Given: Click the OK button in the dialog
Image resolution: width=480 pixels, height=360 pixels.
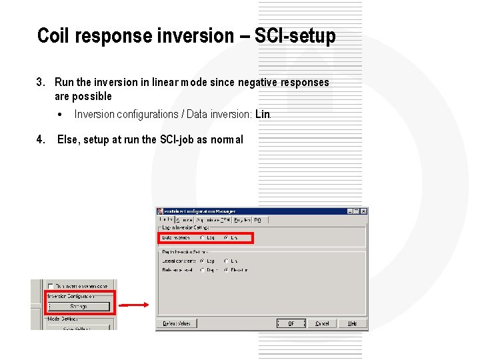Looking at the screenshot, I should (x=291, y=323).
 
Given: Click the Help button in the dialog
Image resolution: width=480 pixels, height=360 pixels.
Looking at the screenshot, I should (x=352, y=323).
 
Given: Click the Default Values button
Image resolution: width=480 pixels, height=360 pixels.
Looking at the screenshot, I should (x=175, y=323).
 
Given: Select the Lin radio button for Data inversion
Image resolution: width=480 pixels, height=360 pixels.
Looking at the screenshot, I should (x=227, y=237).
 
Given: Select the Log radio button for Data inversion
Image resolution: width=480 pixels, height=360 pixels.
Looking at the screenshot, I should (x=203, y=237).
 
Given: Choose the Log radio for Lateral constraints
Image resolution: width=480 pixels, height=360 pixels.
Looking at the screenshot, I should (x=203, y=261).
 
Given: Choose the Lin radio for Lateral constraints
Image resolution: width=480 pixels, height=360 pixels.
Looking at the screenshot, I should (x=227, y=261).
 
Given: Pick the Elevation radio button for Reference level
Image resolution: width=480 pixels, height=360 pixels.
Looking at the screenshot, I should (x=227, y=270).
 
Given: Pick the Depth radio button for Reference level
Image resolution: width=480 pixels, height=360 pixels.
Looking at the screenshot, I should (x=203, y=270).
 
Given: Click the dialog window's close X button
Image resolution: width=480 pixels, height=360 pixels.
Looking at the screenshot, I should (x=363, y=211).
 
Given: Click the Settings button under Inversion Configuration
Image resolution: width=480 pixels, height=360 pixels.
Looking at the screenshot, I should (x=79, y=307).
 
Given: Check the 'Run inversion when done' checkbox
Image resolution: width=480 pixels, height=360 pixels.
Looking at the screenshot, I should (x=51, y=286).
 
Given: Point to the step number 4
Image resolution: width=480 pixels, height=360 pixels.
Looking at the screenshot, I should (x=40, y=139).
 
